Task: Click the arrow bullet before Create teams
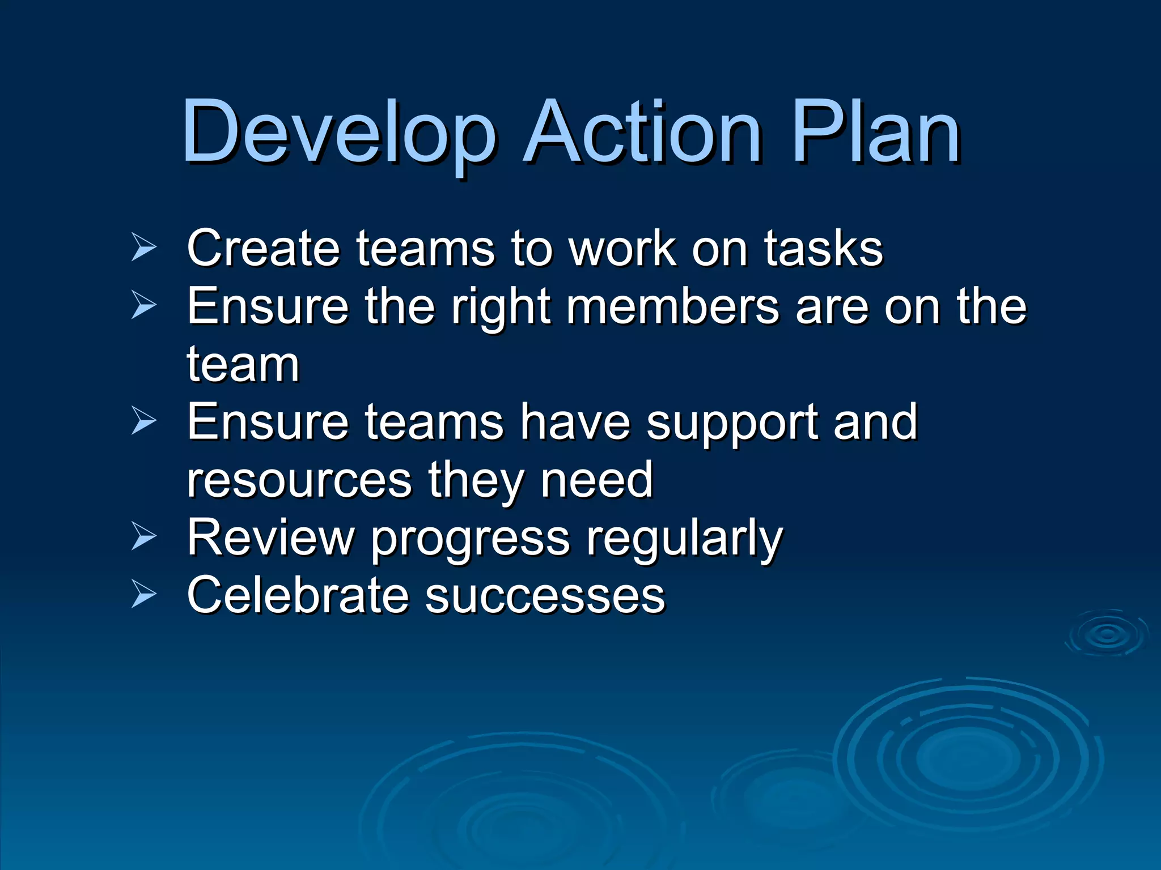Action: (x=143, y=247)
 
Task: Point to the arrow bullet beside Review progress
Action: (x=143, y=536)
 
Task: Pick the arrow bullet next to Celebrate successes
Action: (x=143, y=594)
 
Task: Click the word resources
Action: (x=299, y=480)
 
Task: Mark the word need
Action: (x=597, y=480)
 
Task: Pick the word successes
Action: (x=545, y=596)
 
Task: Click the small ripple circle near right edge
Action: (x=1107, y=634)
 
